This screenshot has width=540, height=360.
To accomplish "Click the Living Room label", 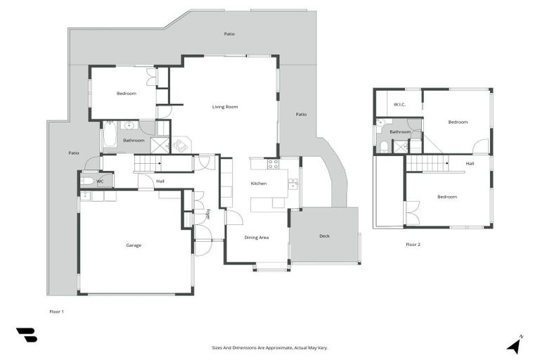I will coord(225,107).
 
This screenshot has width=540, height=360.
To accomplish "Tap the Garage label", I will coord(134,245).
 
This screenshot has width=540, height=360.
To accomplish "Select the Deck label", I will coord(324,236).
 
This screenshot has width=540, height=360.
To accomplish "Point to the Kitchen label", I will coord(259,184).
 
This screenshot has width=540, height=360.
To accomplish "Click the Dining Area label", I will coord(256,238).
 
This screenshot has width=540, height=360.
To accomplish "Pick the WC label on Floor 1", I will coord(100,181).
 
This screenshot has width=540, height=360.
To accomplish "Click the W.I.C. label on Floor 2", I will coord(399,105).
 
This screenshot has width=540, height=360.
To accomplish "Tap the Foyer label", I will coord(208,213).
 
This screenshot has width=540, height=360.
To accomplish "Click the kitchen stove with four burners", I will coord(273,164).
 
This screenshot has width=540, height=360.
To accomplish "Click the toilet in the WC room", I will coord(86,181).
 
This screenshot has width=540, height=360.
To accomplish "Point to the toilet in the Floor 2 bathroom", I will coord(383,147).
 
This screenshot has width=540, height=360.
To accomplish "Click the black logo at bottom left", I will coord(27,335).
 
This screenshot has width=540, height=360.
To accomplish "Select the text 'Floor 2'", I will coord(413,245).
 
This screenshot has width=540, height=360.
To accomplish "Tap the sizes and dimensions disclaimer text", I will coord(270,347).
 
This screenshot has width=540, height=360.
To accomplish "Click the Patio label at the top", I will coord(229,34).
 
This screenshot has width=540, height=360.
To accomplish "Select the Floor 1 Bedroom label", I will coord(127,94).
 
